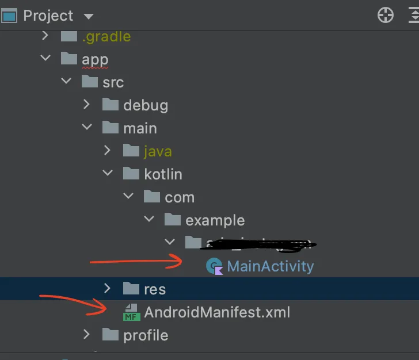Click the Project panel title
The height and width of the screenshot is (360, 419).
[x=48, y=16]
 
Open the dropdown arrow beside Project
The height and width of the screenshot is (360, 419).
[x=88, y=16]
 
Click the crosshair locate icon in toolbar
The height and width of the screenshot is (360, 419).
[x=385, y=16]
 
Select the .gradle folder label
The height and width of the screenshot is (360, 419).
[x=106, y=37]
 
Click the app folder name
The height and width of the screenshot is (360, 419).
[x=95, y=59]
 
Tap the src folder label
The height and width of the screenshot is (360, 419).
[x=113, y=82]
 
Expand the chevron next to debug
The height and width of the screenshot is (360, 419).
[x=86, y=105]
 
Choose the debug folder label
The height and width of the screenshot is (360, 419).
[x=146, y=105]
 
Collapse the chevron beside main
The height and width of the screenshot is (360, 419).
[x=86, y=128]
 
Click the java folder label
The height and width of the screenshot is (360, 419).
[x=158, y=151]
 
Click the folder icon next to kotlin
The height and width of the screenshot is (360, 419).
[x=131, y=173]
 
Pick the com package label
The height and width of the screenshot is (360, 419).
[x=180, y=197]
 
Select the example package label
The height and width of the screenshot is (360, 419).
[x=215, y=220]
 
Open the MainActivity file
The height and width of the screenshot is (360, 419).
[x=271, y=266]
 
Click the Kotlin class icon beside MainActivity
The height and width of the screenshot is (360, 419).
[x=214, y=266]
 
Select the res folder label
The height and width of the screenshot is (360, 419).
[x=155, y=289]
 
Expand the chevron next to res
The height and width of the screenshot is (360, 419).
[x=107, y=288]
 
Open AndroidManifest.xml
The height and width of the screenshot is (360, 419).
[x=217, y=312]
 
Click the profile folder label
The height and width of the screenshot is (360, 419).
[x=146, y=335]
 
